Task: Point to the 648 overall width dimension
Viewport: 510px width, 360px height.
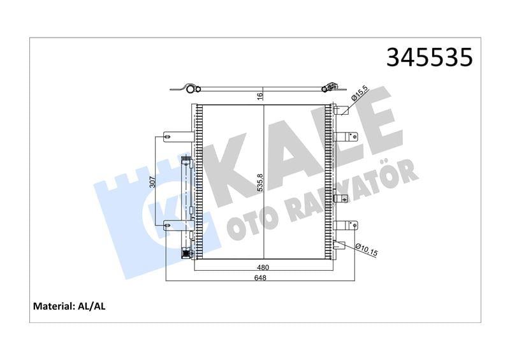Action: [x=259, y=278]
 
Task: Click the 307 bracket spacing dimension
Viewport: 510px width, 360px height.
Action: [x=152, y=180]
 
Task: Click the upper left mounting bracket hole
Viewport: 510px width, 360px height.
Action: [x=167, y=135]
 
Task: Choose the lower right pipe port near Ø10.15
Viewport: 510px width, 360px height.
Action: [x=340, y=245]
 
